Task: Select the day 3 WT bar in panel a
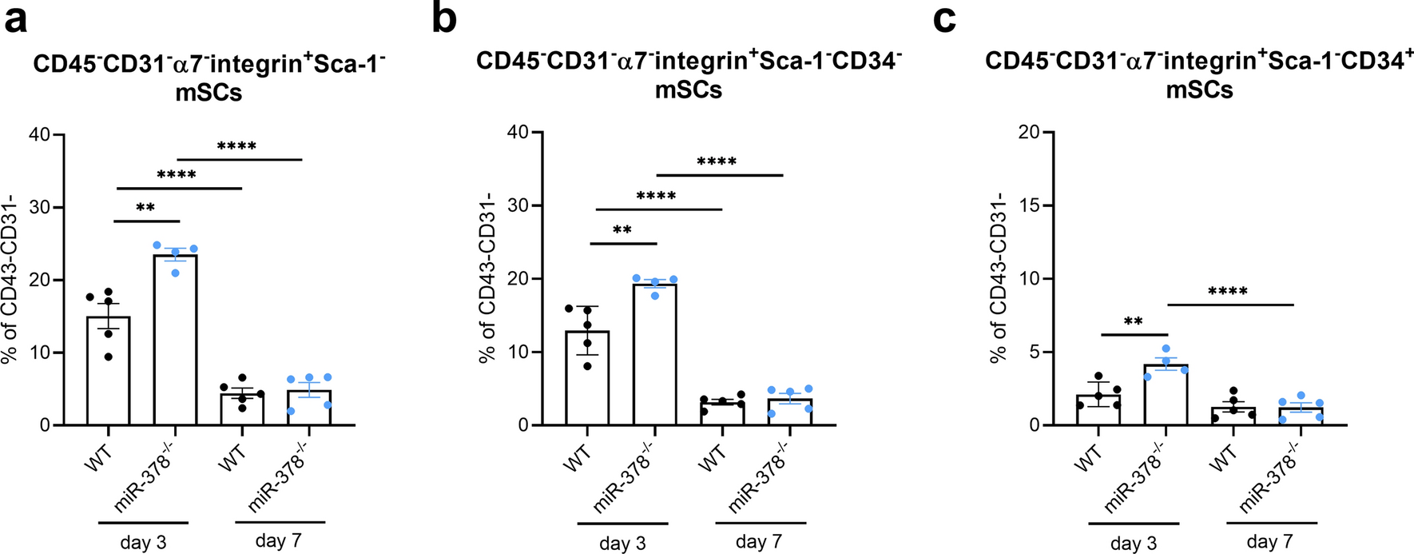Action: (108, 371)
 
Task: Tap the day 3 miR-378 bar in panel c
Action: (1166, 395)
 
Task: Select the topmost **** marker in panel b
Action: (717, 162)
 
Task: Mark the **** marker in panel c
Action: (1228, 292)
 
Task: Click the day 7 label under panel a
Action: (278, 540)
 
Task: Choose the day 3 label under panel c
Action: (1133, 544)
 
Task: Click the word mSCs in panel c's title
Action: (1199, 90)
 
